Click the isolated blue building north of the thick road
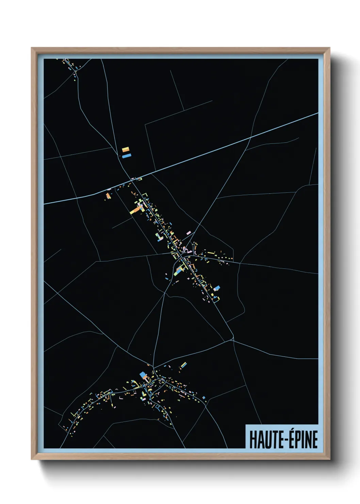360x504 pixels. pyautogui.click(x=127, y=156)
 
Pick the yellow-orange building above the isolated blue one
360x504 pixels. pyautogui.click(x=126, y=149)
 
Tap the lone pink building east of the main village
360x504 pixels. pyautogui.click(x=188, y=233)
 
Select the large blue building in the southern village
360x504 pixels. pyautogui.click(x=143, y=375)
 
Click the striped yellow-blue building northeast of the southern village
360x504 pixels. pyautogui.click(x=183, y=365)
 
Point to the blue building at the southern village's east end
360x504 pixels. pyautogui.click(x=203, y=397)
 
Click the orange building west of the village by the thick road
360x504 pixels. pyautogui.click(x=108, y=196)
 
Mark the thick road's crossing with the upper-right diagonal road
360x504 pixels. pyautogui.click(x=251, y=138)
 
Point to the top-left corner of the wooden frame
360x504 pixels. pyautogui.click(x=32, y=48)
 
